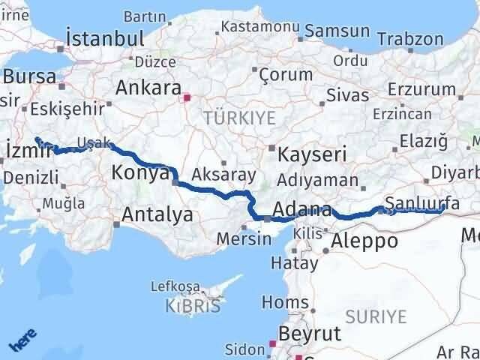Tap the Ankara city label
coord(146,88)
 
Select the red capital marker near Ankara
coord(187,96)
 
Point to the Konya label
coord(139,173)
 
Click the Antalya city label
coord(157,215)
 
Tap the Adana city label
coord(303,209)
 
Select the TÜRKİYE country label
coord(239,117)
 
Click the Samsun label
coord(337,31)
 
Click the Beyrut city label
coord(309,333)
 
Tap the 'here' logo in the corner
coord(23,342)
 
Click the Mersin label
coord(242,239)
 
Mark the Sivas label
coord(347,95)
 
